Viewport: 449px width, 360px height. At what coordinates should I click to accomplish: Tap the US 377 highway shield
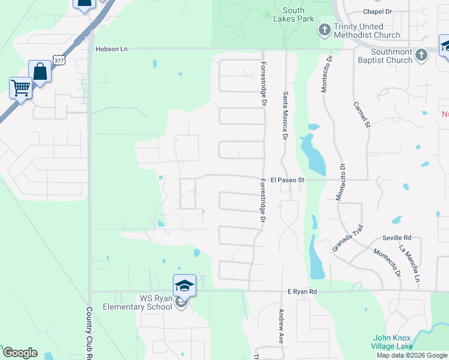click(58, 60)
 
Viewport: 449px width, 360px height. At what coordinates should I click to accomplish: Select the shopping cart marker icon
click(21, 88)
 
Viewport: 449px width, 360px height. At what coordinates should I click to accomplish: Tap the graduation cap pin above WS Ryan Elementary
click(185, 286)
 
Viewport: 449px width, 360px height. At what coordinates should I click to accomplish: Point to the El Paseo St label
click(288, 179)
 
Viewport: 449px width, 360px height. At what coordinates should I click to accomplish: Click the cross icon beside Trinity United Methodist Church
click(325, 29)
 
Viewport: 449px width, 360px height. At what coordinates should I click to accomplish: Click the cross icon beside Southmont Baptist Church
click(422, 55)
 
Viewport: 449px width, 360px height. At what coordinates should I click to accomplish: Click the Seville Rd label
click(399, 237)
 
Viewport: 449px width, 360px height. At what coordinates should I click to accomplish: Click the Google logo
click(20, 353)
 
